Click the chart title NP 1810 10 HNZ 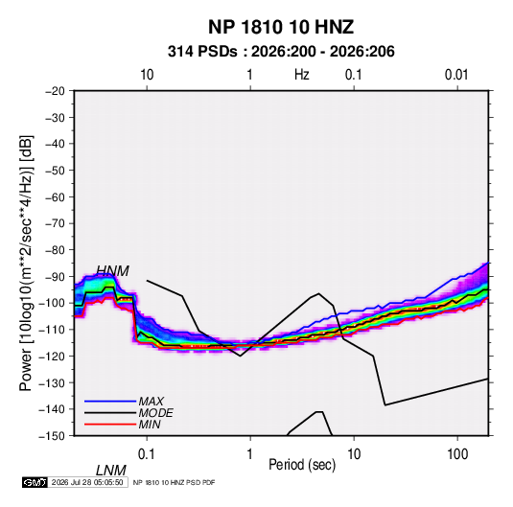(281, 27)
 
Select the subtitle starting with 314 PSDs (281, 52)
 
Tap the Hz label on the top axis (301, 75)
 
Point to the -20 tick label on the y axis (55, 91)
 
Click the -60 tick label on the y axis (55, 196)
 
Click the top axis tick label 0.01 (456, 75)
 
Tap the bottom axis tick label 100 (457, 454)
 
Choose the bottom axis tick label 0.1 (147, 454)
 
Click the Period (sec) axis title (302, 465)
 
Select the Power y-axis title (26, 264)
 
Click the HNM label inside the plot (112, 271)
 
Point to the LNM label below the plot (110, 471)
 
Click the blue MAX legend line (110, 402)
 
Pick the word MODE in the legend (155, 413)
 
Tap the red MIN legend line (110, 425)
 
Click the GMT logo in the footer (35, 482)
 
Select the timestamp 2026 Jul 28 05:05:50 (87, 482)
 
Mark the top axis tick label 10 (147, 75)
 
